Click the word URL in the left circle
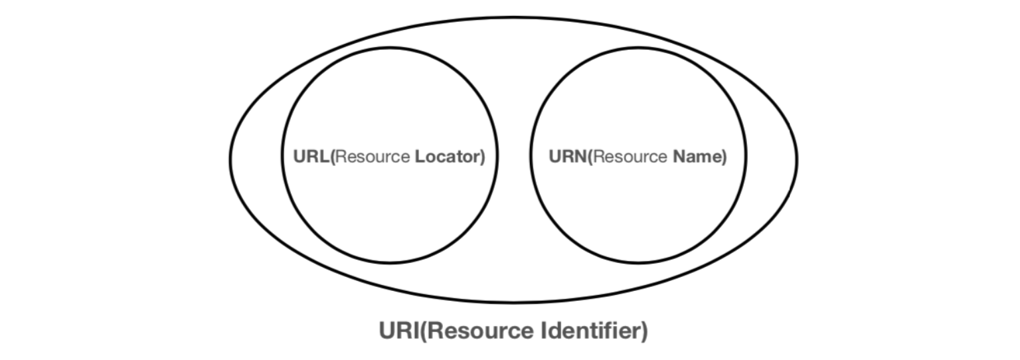(310, 157)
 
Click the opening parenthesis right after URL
(332, 158)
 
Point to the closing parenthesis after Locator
(483, 158)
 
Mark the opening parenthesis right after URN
(589, 158)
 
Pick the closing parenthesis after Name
(724, 158)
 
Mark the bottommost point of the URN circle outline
(639, 262)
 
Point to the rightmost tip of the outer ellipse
(797, 159)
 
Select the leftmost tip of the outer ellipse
(228, 159)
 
